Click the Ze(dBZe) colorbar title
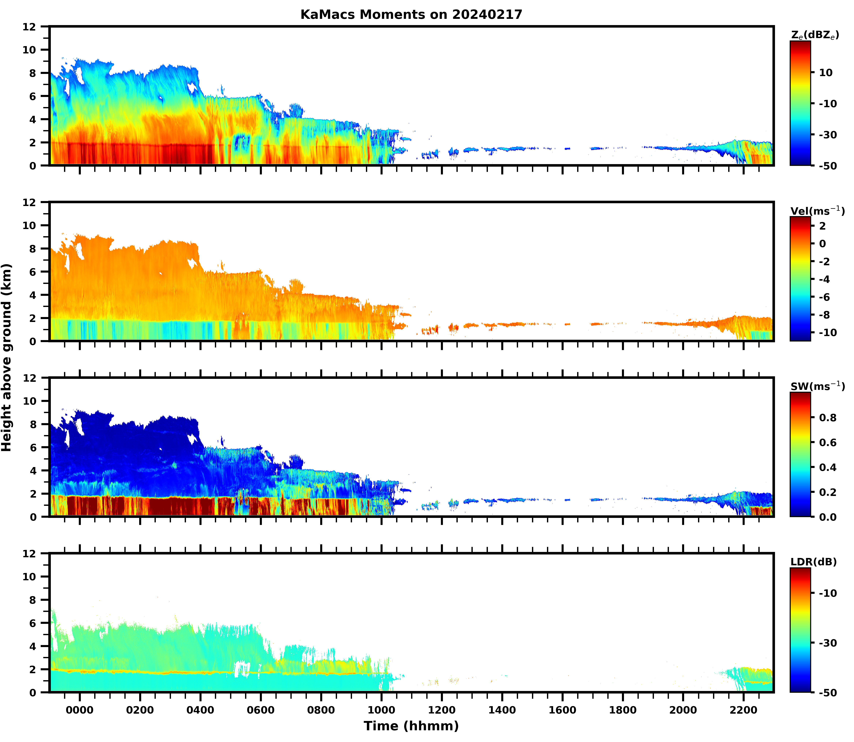[x=815, y=35]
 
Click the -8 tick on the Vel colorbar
[x=824, y=315]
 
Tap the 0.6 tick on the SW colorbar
[x=827, y=443]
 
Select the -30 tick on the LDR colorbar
[x=827, y=643]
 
